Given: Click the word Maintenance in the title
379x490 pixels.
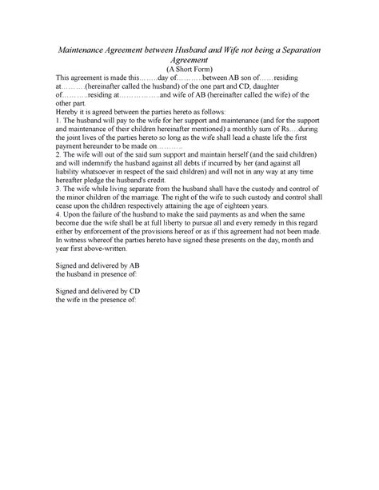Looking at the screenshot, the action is point(90,49).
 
